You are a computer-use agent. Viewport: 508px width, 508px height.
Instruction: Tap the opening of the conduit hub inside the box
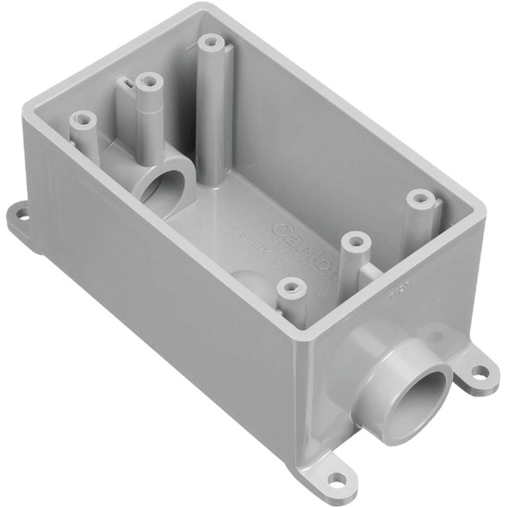point(166,183)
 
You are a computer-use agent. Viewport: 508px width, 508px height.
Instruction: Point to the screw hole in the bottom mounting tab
point(338,478)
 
